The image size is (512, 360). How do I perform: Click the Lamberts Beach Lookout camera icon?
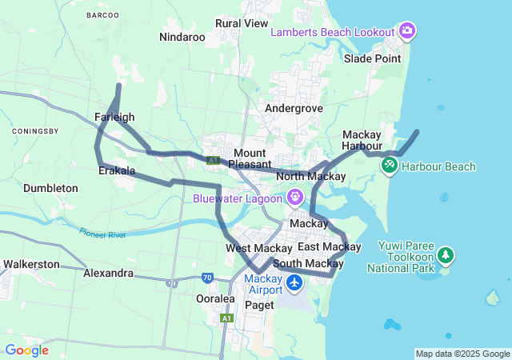[x=407, y=31]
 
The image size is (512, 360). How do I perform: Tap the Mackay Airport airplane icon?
[x=294, y=282]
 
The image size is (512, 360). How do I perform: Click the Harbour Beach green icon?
[x=390, y=166]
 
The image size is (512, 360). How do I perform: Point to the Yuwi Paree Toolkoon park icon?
[x=446, y=256]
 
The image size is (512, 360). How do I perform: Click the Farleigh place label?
[x=114, y=117]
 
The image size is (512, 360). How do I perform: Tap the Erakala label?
[x=116, y=171]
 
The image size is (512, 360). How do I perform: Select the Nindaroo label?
[x=182, y=37]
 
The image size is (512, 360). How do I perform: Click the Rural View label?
[x=242, y=23]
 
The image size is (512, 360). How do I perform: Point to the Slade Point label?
[x=372, y=58]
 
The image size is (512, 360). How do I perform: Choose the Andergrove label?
[x=294, y=108]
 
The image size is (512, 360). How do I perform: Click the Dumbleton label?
[x=50, y=188]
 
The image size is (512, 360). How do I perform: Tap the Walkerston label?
[x=31, y=263]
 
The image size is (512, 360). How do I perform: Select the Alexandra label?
[x=108, y=273]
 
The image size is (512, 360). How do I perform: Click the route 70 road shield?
[x=207, y=278]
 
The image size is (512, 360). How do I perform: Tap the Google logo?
[x=26, y=350]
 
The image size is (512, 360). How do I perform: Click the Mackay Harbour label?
[x=367, y=140]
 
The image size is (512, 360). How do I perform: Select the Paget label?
[x=259, y=305]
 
